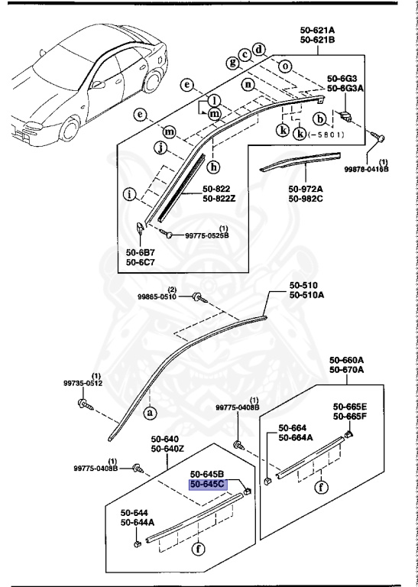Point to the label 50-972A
(306, 190)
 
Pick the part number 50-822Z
(220, 199)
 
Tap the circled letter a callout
(150, 413)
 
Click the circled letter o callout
(285, 66)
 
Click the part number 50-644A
(138, 524)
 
